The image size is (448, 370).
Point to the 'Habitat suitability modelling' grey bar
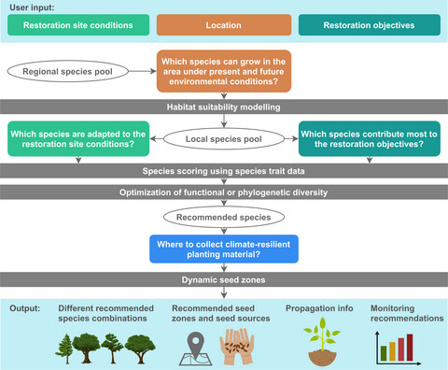(224, 108)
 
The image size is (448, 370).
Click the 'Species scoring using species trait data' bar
(224, 172)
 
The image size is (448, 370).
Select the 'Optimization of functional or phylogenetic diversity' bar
(224, 192)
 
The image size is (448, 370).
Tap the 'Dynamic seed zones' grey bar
(224, 277)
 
